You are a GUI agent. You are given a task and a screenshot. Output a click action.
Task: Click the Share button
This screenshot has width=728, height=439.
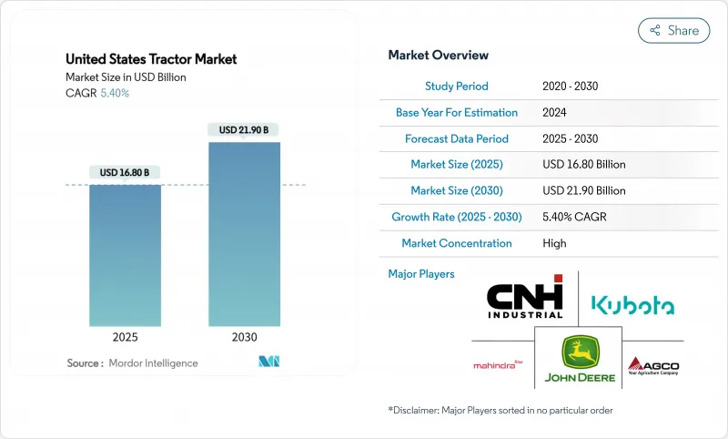click(673, 30)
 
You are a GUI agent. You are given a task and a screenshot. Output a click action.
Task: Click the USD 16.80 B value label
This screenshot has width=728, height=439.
click(125, 172)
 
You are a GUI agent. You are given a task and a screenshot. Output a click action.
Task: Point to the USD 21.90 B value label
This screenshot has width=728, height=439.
click(244, 130)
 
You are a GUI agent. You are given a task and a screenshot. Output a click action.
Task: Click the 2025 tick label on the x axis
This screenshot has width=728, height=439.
click(125, 336)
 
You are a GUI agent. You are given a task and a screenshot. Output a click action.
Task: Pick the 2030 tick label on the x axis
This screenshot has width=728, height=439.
click(244, 336)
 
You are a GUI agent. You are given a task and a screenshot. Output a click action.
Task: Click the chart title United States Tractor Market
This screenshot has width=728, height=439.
click(151, 59)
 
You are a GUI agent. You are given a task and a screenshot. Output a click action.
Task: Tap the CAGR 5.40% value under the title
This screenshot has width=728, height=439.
click(113, 93)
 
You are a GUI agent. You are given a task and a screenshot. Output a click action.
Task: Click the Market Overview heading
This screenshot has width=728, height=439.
click(438, 56)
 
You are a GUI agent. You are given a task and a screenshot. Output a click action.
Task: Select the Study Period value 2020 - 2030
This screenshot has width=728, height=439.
click(570, 87)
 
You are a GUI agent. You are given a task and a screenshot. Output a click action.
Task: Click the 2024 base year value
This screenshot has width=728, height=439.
click(554, 113)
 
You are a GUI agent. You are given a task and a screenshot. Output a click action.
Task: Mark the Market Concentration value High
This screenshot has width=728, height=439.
click(554, 244)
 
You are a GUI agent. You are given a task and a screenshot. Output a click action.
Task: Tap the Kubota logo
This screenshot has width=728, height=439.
click(632, 304)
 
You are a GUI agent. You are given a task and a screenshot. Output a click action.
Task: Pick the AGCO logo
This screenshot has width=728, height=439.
click(652, 366)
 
